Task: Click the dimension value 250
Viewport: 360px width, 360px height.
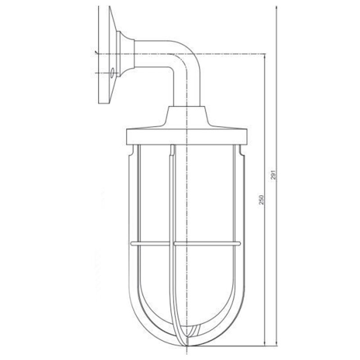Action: point(261,200)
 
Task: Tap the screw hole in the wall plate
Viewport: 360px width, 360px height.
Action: point(111,72)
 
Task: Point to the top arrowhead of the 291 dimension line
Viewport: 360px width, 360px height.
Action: point(275,9)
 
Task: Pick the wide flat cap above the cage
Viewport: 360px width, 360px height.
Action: point(187,135)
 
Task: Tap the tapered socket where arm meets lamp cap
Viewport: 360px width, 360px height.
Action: point(187,116)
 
